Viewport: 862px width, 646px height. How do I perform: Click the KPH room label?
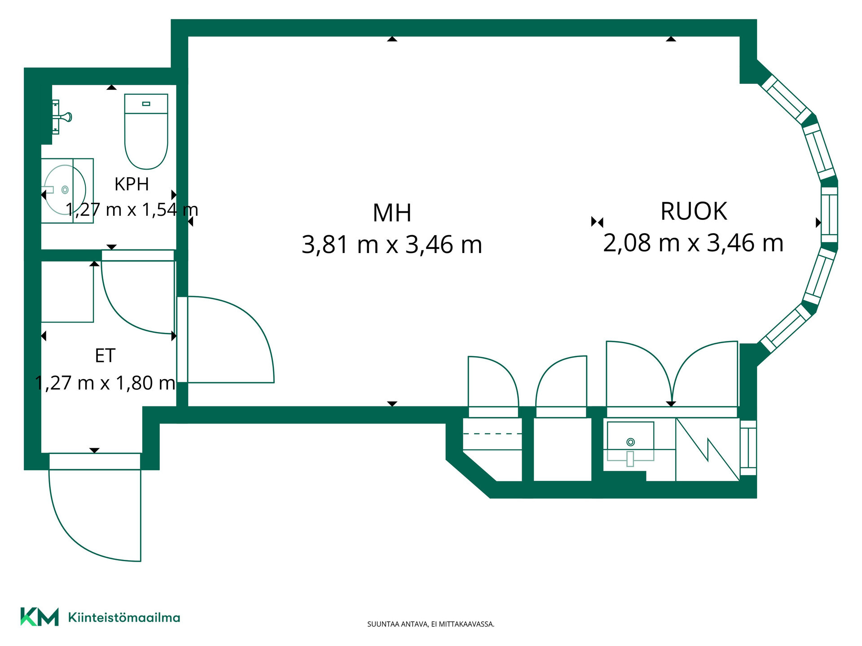point(132,184)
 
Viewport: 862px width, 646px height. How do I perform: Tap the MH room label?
point(392,213)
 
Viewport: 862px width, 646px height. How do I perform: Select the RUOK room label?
point(694,211)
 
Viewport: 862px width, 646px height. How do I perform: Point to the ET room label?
point(105,356)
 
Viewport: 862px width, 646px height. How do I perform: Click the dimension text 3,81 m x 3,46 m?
point(392,245)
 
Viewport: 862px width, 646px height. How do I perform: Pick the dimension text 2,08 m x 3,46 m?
point(693,243)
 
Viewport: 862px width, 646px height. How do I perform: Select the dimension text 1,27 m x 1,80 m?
point(105,383)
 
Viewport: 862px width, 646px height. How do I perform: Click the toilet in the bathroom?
point(146,131)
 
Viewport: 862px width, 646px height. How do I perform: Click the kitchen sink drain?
point(630,442)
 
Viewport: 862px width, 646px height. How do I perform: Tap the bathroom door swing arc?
point(121,314)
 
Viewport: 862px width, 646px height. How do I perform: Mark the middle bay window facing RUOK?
point(829,214)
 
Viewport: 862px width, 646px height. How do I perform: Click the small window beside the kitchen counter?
point(748,448)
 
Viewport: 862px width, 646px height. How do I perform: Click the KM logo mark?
point(40,616)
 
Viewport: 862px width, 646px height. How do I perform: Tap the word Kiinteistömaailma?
point(124,617)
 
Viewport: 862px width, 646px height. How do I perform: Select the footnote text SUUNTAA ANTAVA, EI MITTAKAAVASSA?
point(431,624)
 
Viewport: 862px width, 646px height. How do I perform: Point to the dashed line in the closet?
point(492,434)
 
